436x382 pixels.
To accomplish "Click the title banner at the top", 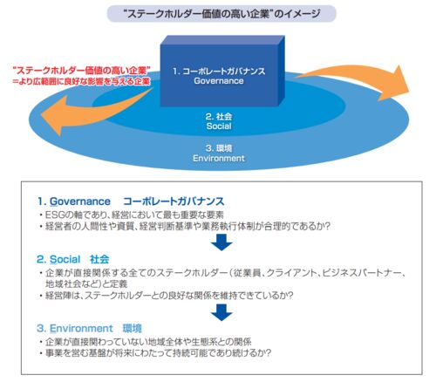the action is click(221, 14).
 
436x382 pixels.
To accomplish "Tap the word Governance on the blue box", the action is click(219, 81).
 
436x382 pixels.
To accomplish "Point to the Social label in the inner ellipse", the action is click(219, 126).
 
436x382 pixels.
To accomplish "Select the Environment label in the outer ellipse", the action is click(219, 158).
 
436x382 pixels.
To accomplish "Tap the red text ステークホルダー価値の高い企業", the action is click(82, 71).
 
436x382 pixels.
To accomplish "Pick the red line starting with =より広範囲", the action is click(81, 81).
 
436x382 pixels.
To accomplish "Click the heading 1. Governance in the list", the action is click(74, 201).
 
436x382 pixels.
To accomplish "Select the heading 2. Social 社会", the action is click(73, 259).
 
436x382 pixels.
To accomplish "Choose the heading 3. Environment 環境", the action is click(89, 329).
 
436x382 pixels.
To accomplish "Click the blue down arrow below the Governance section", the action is click(221, 242).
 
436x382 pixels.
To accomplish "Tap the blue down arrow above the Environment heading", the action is click(221, 312).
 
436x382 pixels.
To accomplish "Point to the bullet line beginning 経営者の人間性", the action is click(188, 226).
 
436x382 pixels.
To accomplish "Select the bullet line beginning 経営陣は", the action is click(169, 296).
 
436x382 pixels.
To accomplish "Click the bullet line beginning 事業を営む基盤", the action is click(159, 353).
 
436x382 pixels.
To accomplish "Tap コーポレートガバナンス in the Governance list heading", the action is click(174, 201).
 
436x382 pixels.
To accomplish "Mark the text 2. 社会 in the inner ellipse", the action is click(219, 117).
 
